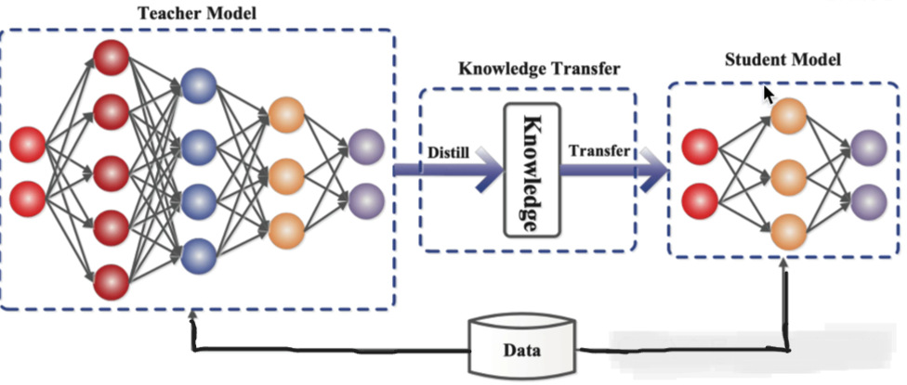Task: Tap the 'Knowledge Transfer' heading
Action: coord(527,70)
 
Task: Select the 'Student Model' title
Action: coord(782,60)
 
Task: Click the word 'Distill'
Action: coord(449,150)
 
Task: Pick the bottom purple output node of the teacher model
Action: coord(367,198)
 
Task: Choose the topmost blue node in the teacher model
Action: coord(198,86)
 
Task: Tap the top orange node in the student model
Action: coord(787,117)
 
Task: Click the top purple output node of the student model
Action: coord(868,145)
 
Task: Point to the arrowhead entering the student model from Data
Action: coord(788,267)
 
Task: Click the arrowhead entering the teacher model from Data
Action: coord(192,317)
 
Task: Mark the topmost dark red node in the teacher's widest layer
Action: coord(111,56)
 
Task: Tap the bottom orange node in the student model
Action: coord(787,226)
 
